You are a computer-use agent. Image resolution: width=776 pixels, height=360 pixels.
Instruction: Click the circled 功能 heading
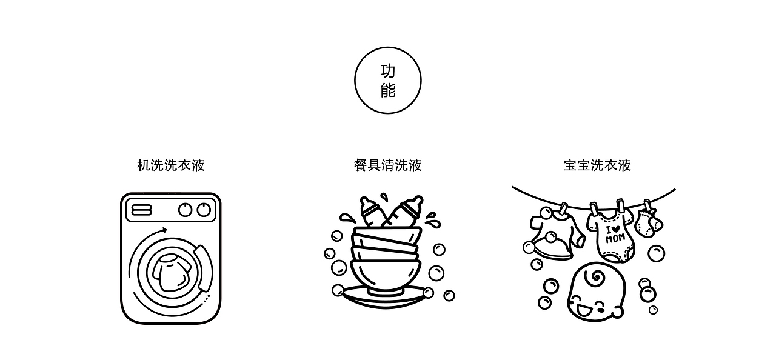pyautogui.click(x=387, y=81)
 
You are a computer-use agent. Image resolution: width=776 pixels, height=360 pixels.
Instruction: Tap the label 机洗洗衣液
pyautogui.click(x=171, y=165)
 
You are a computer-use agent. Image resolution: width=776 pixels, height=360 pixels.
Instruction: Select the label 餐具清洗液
pyautogui.click(x=387, y=165)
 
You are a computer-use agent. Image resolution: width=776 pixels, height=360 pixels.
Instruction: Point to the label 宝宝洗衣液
pyautogui.click(x=597, y=165)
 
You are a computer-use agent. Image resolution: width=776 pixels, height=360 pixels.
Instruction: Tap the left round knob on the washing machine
pyautogui.click(x=186, y=210)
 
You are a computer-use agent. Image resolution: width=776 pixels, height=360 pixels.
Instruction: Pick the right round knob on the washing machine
pyautogui.click(x=204, y=210)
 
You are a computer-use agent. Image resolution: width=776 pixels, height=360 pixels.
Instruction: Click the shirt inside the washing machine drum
pyautogui.click(x=170, y=273)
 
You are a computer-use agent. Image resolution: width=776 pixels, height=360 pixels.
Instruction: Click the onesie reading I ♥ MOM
pyautogui.click(x=612, y=236)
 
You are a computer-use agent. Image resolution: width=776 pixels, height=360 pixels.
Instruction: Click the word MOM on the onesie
pyautogui.click(x=615, y=238)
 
